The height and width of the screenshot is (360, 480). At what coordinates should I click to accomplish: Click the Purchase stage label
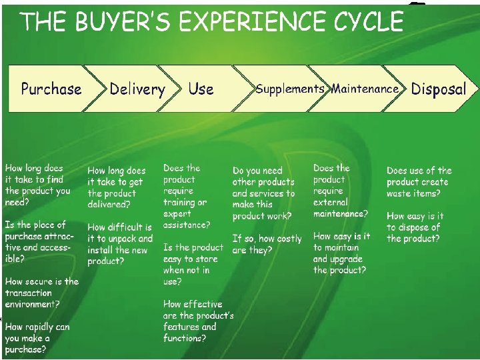point(51,89)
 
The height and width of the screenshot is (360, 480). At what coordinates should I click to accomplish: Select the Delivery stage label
point(137,89)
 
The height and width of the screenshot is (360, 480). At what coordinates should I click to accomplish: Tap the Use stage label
point(201,89)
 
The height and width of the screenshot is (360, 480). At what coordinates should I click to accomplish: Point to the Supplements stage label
point(290,89)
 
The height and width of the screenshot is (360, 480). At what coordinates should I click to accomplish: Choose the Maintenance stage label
point(365,89)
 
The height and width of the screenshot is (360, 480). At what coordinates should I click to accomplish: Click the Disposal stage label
point(439,89)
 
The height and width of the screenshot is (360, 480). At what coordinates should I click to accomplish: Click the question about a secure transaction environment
point(41,293)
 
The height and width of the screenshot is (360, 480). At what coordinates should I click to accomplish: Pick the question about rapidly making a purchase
point(37,338)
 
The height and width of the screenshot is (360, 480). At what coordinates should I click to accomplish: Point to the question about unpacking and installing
point(120,244)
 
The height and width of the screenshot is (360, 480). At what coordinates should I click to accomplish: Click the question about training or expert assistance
point(187,196)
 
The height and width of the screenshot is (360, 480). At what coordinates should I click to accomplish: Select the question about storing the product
point(193,264)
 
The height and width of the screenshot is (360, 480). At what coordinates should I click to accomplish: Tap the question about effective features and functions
point(198,321)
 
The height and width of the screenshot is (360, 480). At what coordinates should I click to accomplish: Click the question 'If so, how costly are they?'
point(267,244)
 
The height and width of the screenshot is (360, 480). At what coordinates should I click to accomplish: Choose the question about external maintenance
point(340,191)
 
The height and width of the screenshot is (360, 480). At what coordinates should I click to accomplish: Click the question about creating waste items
point(419,182)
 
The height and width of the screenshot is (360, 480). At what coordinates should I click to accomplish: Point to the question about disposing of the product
point(415,227)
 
